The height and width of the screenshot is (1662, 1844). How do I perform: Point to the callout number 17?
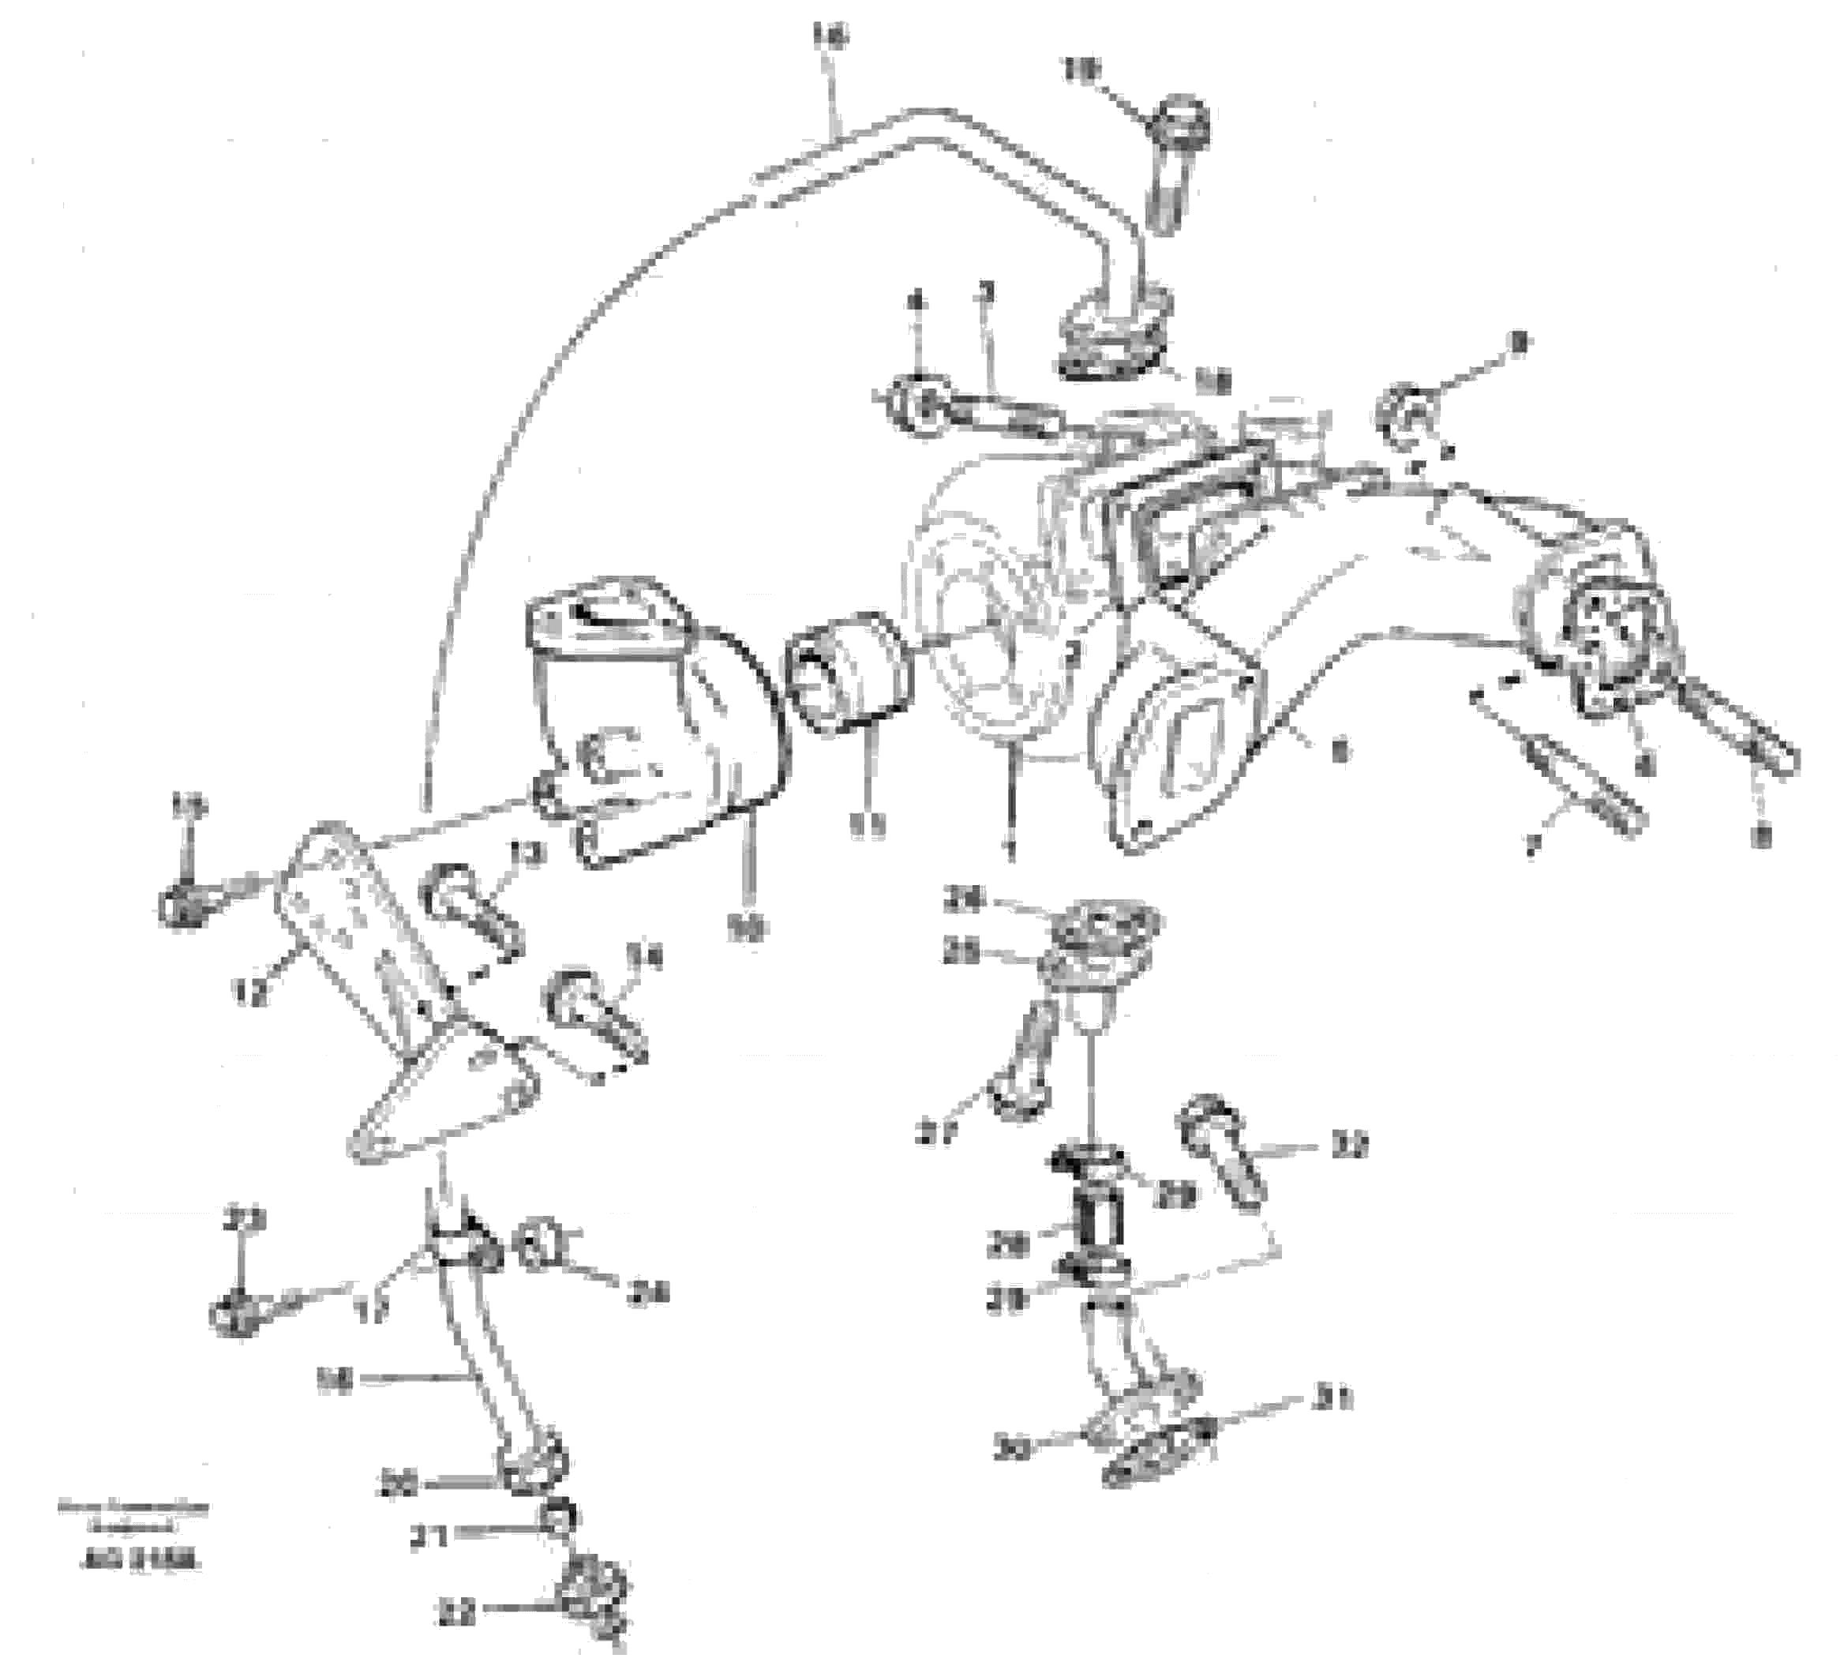tap(373, 1311)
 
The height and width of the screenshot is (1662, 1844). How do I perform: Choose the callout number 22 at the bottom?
tap(455, 1615)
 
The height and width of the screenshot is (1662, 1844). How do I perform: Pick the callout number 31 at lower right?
tap(1332, 1398)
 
